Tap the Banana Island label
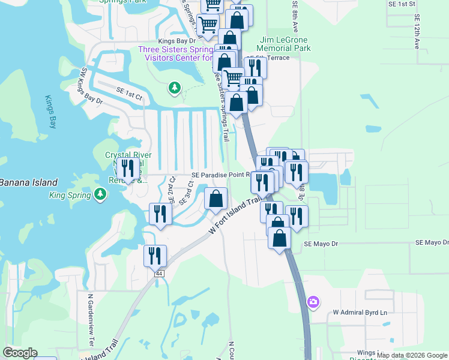point(29,182)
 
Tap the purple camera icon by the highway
point(313,302)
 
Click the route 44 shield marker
point(159,273)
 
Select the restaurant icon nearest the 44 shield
point(155,255)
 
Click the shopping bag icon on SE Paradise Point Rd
point(215,198)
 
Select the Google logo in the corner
point(20,353)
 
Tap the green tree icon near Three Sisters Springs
point(174,89)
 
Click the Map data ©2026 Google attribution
point(412,356)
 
